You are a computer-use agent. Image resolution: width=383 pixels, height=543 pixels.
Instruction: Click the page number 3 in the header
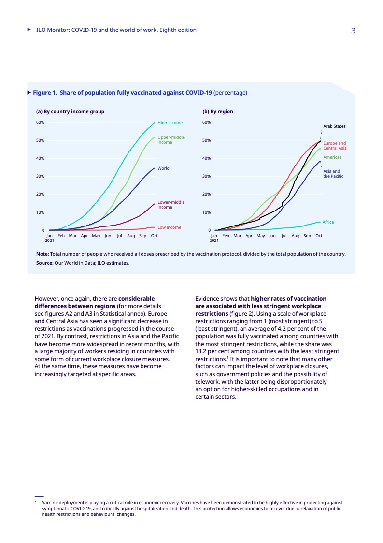pyautogui.click(x=353, y=30)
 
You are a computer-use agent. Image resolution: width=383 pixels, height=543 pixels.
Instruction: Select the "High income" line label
pyautogui.click(x=170, y=123)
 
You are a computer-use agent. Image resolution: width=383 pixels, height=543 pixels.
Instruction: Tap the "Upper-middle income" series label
pyautogui.click(x=171, y=140)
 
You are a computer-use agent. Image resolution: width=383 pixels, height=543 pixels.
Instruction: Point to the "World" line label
pyautogui.click(x=163, y=168)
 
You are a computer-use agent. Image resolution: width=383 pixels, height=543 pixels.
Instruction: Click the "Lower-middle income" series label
pyautogui.click(x=171, y=205)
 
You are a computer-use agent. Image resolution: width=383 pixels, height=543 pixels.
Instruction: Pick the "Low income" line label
pyautogui.click(x=169, y=227)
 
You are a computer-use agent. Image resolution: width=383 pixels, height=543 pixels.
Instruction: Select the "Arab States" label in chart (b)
pyautogui.click(x=334, y=126)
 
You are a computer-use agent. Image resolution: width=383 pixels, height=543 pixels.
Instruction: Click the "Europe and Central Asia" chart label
pyautogui.click(x=334, y=146)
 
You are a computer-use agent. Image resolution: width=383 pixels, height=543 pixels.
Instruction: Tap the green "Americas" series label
pyautogui.click(x=332, y=158)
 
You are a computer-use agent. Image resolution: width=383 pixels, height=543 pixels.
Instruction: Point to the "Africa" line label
pyautogui.click(x=328, y=222)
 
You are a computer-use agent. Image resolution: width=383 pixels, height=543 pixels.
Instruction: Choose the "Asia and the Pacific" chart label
pyautogui.click(x=333, y=174)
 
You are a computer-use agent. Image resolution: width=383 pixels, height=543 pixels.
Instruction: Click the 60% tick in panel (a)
pyautogui.click(x=41, y=122)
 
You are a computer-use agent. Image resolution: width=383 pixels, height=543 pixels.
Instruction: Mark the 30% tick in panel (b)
pyautogui.click(x=206, y=176)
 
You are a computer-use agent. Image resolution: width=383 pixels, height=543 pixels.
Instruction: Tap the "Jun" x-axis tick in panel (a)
pyautogui.click(x=108, y=236)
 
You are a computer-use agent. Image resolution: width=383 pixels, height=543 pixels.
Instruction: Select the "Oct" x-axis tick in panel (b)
pyautogui.click(x=319, y=236)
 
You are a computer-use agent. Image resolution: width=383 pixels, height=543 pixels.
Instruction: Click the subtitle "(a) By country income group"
pyautogui.click(x=70, y=112)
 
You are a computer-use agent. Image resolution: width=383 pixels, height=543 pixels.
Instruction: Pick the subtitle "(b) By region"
pyautogui.click(x=218, y=112)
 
